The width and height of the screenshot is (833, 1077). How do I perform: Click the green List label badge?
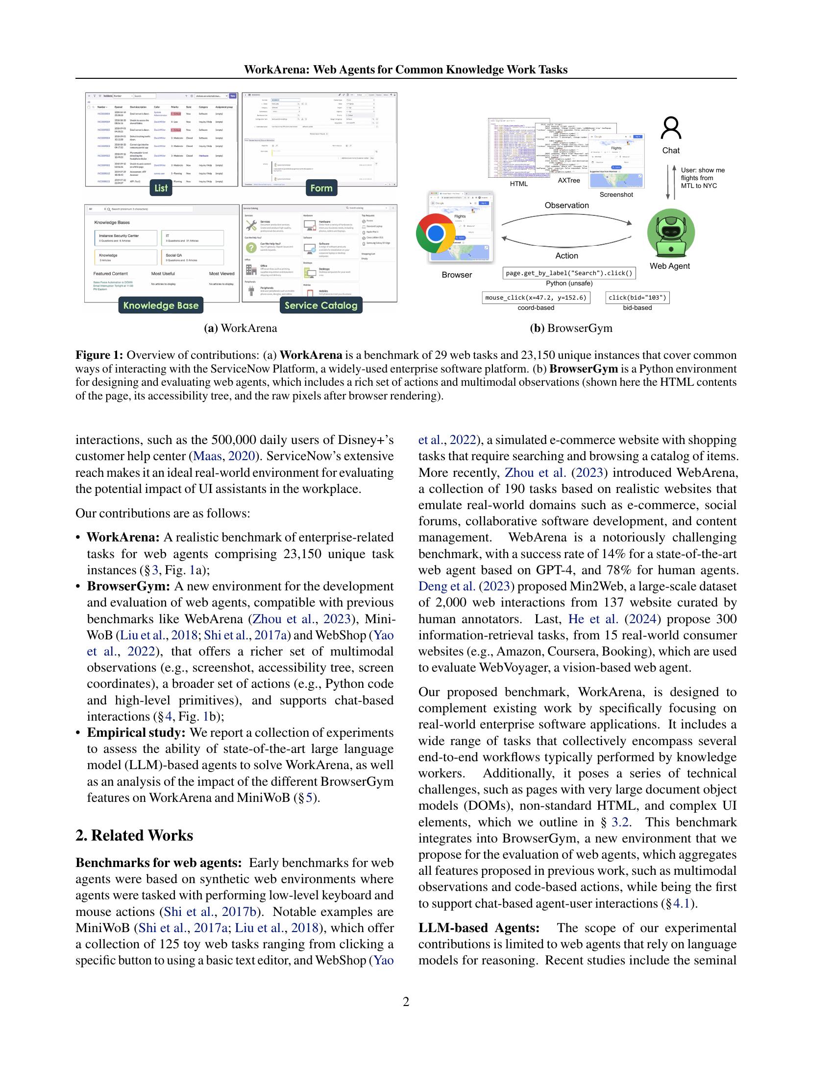(161, 188)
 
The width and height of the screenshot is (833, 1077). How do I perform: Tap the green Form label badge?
(321, 188)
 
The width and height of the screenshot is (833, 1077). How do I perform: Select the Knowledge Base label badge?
(161, 305)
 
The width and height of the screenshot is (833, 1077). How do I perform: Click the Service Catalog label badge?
(321, 305)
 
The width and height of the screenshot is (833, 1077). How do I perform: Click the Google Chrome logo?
(435, 233)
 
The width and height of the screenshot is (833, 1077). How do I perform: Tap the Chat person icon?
(671, 129)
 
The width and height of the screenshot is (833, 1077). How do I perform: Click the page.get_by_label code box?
(569, 273)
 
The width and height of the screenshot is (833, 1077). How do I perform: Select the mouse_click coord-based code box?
(536, 297)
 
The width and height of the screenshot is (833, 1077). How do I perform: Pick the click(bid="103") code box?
(637, 297)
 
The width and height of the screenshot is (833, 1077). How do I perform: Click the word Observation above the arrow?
(566, 206)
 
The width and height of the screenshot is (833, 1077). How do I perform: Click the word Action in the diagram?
(566, 256)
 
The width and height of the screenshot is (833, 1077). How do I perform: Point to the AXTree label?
(569, 181)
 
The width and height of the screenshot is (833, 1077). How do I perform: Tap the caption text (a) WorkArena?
(241, 328)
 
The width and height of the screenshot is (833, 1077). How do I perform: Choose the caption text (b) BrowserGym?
(571, 328)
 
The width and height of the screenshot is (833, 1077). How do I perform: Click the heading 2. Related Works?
(134, 836)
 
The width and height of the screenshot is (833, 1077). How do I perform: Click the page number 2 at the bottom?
(406, 1002)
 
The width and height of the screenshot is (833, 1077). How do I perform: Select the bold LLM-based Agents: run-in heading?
(479, 928)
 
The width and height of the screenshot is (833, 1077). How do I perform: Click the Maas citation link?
(207, 456)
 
